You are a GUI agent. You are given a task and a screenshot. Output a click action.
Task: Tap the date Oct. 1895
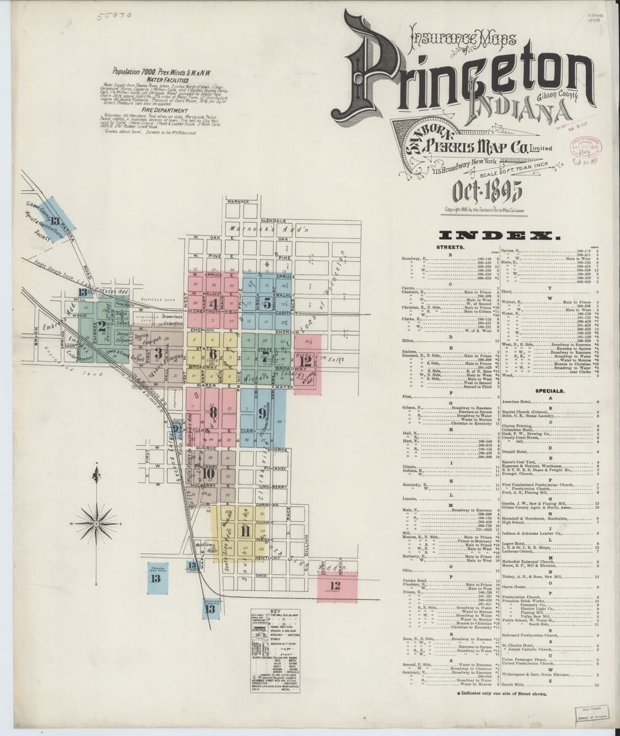tap(488, 192)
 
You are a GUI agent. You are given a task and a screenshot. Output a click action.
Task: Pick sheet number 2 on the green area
tap(102, 327)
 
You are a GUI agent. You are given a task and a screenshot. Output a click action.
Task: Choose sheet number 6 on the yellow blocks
tap(213, 354)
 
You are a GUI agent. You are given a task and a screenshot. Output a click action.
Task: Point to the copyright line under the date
tap(488, 210)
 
